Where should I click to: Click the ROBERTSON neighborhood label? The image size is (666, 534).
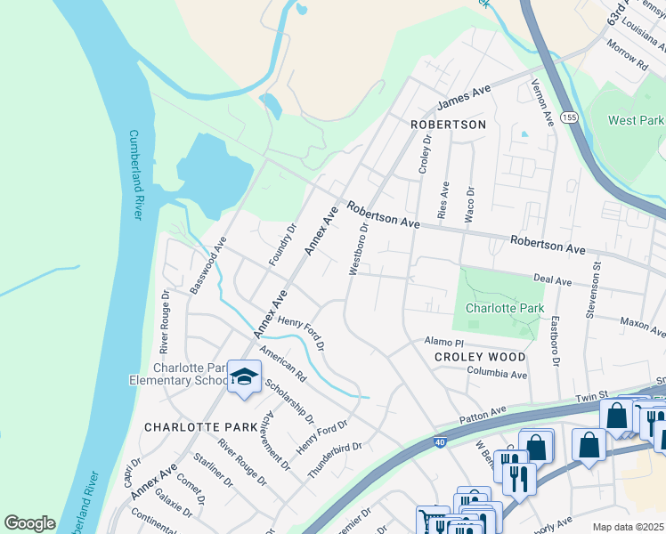(x=448, y=125)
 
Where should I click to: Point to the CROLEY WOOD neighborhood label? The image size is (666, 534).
(x=479, y=357)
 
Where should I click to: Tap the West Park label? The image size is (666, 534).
(x=636, y=119)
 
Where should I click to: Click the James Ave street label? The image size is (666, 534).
(x=465, y=94)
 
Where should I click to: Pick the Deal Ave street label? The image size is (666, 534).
(x=552, y=279)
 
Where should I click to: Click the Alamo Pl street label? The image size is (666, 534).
(x=444, y=342)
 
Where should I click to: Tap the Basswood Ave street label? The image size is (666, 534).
(x=209, y=265)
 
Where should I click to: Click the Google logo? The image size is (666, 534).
(x=29, y=523)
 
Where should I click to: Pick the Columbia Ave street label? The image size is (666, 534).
(x=497, y=375)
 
